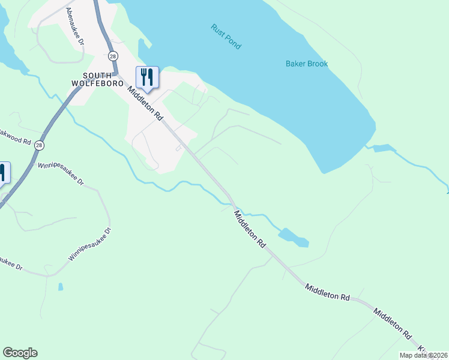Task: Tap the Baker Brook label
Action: (x=306, y=64)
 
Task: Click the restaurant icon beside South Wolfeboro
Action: (x=147, y=77)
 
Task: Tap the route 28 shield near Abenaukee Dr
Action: (x=113, y=56)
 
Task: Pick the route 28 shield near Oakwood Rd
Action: (x=40, y=145)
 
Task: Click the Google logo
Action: (x=20, y=353)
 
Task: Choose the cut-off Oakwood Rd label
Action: (x=14, y=137)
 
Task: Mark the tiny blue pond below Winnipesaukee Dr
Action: (x=61, y=287)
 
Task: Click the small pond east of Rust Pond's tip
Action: (x=384, y=148)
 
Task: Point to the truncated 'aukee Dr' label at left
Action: (x=10, y=263)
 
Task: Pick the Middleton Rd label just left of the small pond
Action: (x=250, y=229)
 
